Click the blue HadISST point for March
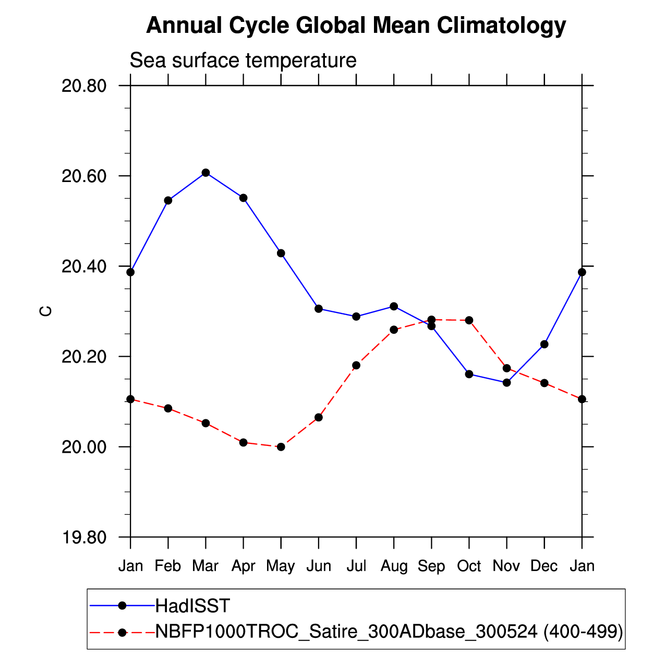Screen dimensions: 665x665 (x=205, y=173)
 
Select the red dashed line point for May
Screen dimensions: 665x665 (x=281, y=446)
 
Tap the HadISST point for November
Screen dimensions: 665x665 (x=506, y=382)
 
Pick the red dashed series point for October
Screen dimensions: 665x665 (x=469, y=320)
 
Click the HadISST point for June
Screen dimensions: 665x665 (x=319, y=308)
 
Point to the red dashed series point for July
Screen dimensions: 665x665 (x=356, y=365)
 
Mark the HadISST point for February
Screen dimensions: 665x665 (x=168, y=200)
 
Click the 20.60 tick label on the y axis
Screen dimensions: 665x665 (x=84, y=176)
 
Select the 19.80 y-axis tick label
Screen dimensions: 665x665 (x=84, y=538)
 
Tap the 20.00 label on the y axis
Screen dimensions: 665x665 (x=84, y=448)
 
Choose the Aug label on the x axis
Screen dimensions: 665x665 (x=394, y=566)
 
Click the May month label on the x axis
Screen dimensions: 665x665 (x=281, y=566)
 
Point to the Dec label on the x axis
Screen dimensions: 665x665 (x=544, y=566)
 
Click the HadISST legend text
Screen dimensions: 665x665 (x=192, y=606)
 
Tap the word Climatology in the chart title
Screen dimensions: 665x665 (x=501, y=25)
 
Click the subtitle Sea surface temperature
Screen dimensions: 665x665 (x=243, y=61)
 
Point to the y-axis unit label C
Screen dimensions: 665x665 (x=46, y=311)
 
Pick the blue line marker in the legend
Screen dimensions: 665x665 (x=123, y=606)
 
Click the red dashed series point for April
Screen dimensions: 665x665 (x=243, y=442)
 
